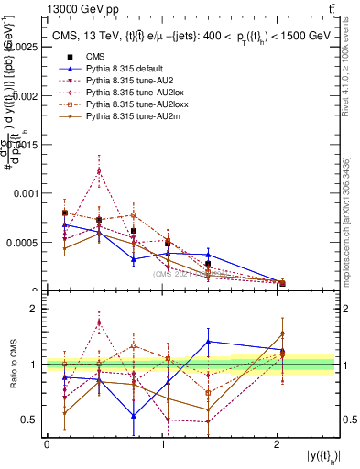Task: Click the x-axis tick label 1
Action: pos(162,444)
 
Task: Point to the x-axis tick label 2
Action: pos(278,444)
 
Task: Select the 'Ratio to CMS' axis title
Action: pos(13,365)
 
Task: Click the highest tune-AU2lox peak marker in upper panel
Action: pos(99,170)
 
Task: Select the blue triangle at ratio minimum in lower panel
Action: pos(134,416)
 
